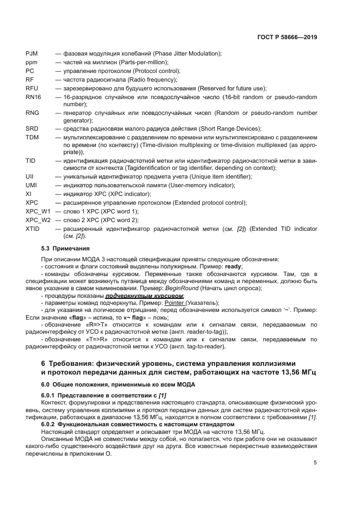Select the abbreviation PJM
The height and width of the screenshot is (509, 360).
tap(32, 53)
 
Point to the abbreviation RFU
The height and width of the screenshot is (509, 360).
tap(32, 88)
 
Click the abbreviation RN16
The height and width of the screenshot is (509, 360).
tap(33, 96)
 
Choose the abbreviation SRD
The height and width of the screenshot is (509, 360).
tap(32, 128)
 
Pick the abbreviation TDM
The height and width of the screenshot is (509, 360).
tap(32, 137)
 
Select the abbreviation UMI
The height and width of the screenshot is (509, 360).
tap(32, 185)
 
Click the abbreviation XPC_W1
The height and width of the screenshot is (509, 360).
tap(38, 211)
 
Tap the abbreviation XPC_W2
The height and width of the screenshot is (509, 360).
tap(38, 219)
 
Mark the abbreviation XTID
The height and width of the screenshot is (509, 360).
tap(33, 228)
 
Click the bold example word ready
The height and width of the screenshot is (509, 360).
tap(233, 267)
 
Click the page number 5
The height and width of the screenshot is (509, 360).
tap(315, 463)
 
